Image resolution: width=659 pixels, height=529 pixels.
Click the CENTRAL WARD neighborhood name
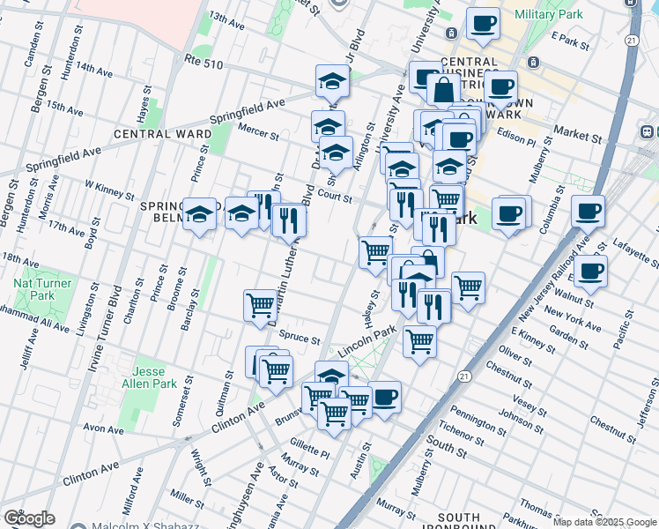162,134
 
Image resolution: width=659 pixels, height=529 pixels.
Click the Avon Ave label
103,429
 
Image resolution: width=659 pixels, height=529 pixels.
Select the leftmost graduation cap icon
200,213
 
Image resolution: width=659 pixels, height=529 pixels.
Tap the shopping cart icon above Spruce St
261,304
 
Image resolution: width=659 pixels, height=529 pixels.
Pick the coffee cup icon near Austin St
384,397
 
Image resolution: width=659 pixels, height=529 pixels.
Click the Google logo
29,518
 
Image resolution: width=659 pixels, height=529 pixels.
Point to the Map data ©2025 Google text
604,522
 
